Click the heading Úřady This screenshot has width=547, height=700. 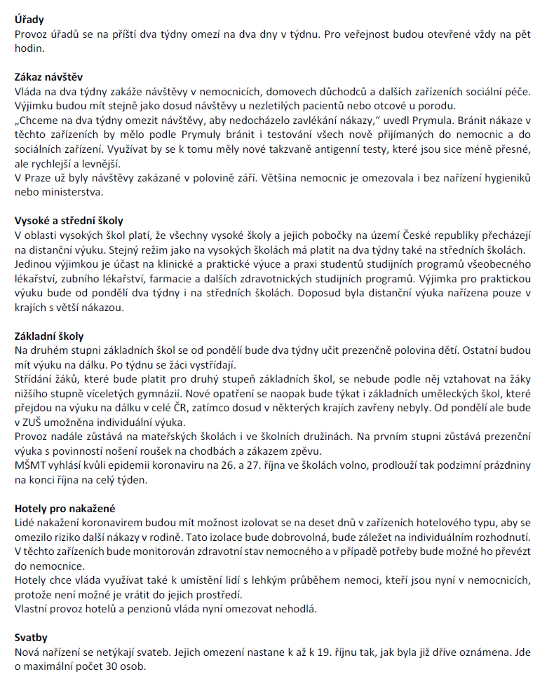tap(30, 20)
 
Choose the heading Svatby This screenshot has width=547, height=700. tap(32, 638)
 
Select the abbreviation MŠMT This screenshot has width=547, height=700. tap(30, 465)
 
